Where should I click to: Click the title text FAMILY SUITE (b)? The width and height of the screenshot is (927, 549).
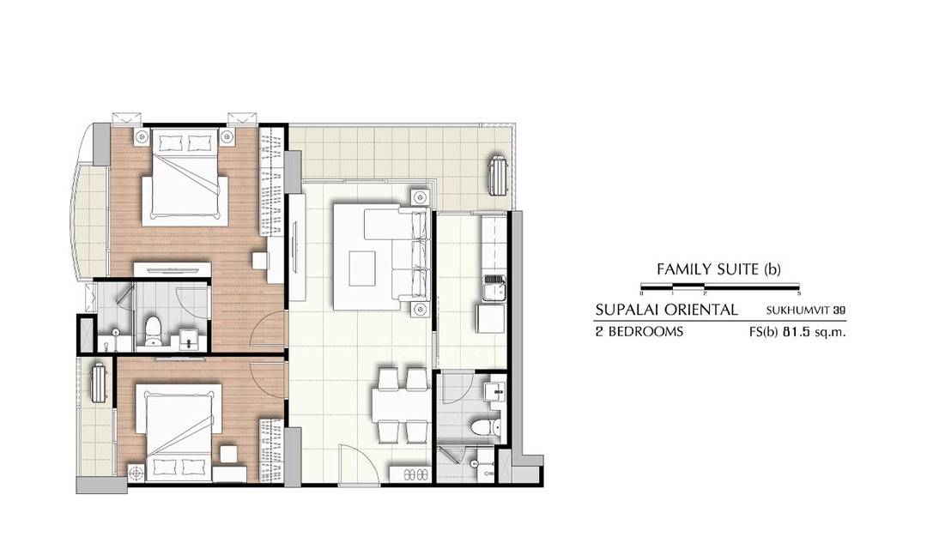pos(718,269)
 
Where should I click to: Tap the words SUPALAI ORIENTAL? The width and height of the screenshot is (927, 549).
pos(666,310)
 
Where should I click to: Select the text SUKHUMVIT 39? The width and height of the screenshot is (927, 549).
pos(806,310)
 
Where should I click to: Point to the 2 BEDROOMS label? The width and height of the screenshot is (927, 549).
pos(639,331)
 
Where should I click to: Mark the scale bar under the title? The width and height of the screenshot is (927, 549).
pos(720,287)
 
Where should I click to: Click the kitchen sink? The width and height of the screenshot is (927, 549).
pos(494,289)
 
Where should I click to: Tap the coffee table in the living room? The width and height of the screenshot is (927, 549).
pos(362,268)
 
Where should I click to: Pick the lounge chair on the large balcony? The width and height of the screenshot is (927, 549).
pos(498,174)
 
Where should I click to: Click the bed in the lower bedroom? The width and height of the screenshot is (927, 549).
pos(179,432)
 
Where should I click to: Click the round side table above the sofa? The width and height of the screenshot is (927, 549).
pos(420,196)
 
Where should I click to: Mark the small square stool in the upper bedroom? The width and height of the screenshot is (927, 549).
pos(259,261)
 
